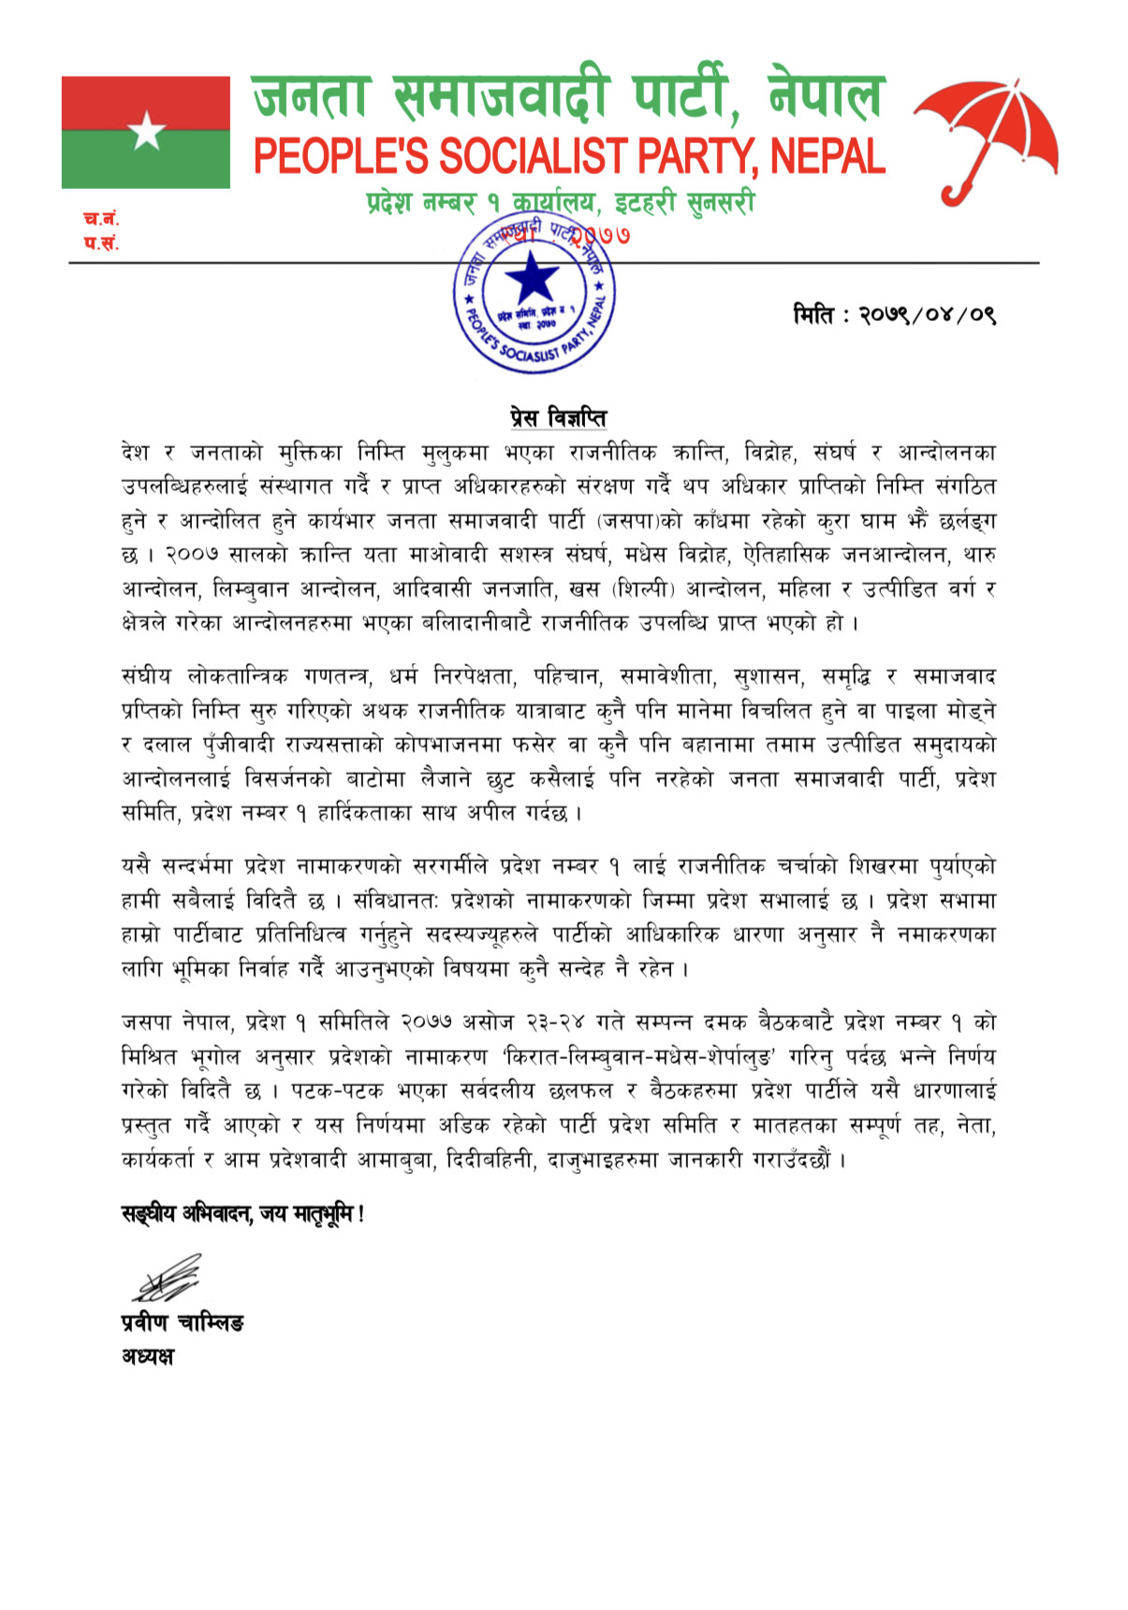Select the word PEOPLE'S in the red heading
pyautogui.click(x=339, y=156)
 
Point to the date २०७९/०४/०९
pyautogui.click(x=927, y=315)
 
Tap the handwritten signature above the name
pyautogui.click(x=167, y=1280)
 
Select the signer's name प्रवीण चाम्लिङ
pyautogui.click(x=183, y=1322)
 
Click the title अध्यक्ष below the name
pyautogui.click(x=147, y=1356)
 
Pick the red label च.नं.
pyautogui.click(x=100, y=220)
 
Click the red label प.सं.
pyautogui.click(x=100, y=244)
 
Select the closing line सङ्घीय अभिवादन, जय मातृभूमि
pyautogui.click(x=242, y=1214)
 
